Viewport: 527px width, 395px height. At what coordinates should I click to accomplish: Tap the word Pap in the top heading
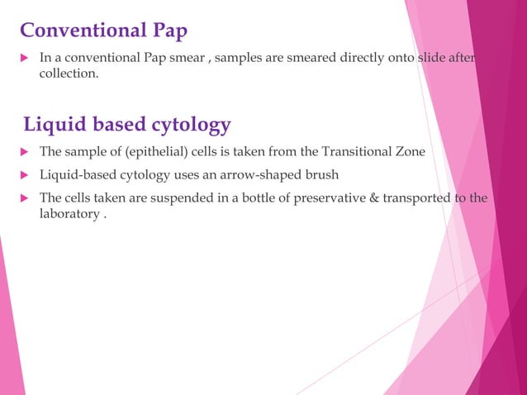point(166,31)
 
